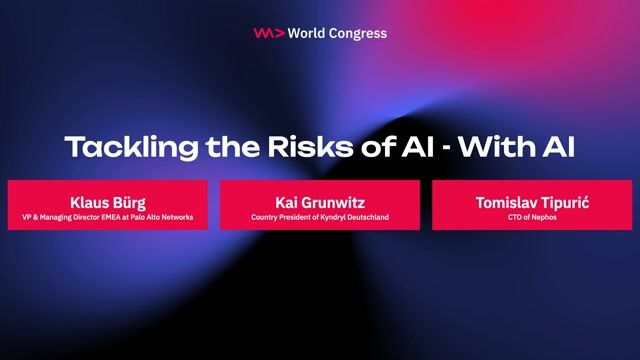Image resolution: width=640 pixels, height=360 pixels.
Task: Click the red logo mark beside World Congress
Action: (x=268, y=33)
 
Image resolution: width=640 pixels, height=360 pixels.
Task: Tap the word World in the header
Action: (x=308, y=33)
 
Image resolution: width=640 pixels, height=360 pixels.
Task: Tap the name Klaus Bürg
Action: (x=107, y=200)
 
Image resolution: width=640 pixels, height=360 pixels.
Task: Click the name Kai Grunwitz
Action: (x=319, y=200)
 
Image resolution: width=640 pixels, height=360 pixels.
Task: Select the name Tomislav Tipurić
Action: (x=532, y=200)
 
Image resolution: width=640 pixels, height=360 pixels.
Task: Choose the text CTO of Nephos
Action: (x=532, y=216)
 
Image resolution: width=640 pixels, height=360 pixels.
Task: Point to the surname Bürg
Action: (x=127, y=200)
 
